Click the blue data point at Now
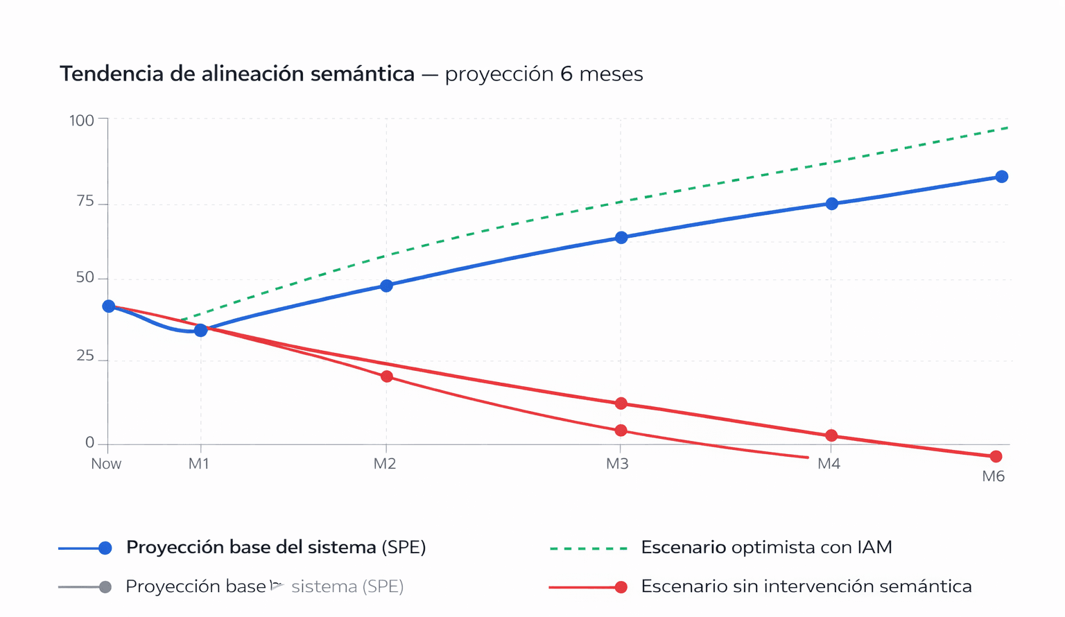click(x=109, y=306)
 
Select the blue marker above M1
click(x=200, y=330)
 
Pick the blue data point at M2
click(x=386, y=286)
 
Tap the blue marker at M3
click(x=621, y=238)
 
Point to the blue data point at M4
click(x=831, y=204)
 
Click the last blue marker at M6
click(x=1001, y=177)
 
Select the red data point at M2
click(x=387, y=376)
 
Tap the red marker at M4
click(x=831, y=435)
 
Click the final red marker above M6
click(x=996, y=456)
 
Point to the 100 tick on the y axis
click(x=81, y=121)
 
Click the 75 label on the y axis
click(x=85, y=202)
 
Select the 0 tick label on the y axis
click(x=89, y=442)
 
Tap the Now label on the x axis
click(x=106, y=464)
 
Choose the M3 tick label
click(x=617, y=464)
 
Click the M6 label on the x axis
click(x=993, y=476)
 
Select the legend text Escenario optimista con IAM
click(x=766, y=548)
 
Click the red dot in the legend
click(x=621, y=587)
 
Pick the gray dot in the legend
click(x=105, y=587)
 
